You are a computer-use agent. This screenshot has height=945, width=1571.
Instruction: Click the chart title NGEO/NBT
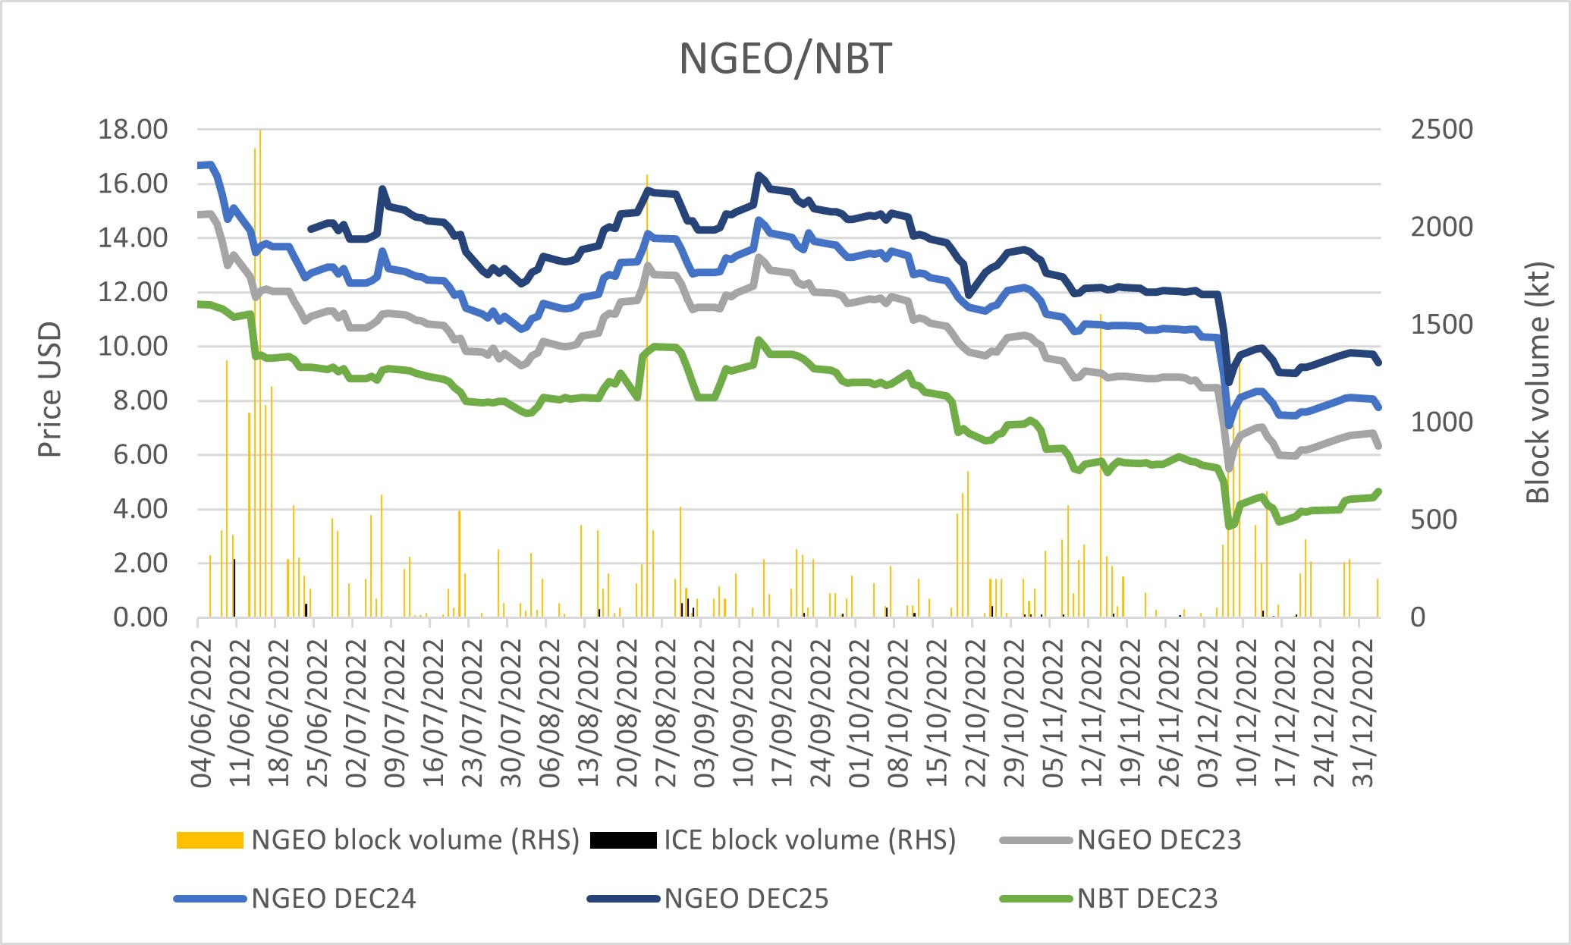[785, 59]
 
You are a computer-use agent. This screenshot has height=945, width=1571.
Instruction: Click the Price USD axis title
[50, 390]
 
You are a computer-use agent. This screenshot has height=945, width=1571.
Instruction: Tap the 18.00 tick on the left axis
[133, 130]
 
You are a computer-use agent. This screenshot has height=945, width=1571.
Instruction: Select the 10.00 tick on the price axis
[133, 347]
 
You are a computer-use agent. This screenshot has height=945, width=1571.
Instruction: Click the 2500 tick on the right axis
[1441, 130]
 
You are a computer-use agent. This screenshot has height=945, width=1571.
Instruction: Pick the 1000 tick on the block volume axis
[1441, 422]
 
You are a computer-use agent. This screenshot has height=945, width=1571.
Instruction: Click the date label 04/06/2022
[202, 713]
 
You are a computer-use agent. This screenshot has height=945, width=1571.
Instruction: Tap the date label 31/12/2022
[1363, 713]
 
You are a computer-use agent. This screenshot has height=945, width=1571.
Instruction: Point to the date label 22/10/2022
[976, 713]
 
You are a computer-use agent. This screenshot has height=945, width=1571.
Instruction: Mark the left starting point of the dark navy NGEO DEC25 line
[309, 229]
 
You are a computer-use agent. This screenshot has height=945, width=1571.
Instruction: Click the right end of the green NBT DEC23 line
[1378, 491]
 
